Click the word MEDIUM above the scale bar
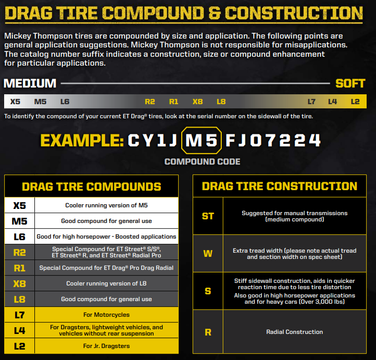click(30, 83)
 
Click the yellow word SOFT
click(350, 83)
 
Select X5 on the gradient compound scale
click(15, 102)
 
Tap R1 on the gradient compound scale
click(173, 102)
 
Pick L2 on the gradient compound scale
click(355, 102)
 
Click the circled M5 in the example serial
click(202, 140)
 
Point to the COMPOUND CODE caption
click(202, 162)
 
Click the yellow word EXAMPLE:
click(82, 140)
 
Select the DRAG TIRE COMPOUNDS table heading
click(91, 187)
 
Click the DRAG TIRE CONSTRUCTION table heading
click(280, 186)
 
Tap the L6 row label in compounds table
click(19, 237)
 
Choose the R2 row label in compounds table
click(19, 252)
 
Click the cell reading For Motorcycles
click(106, 315)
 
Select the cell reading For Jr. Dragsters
click(106, 346)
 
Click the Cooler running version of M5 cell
click(106, 205)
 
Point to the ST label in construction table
click(208, 216)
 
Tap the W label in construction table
click(208, 254)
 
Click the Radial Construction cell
click(294, 332)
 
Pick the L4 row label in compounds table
click(19, 330)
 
